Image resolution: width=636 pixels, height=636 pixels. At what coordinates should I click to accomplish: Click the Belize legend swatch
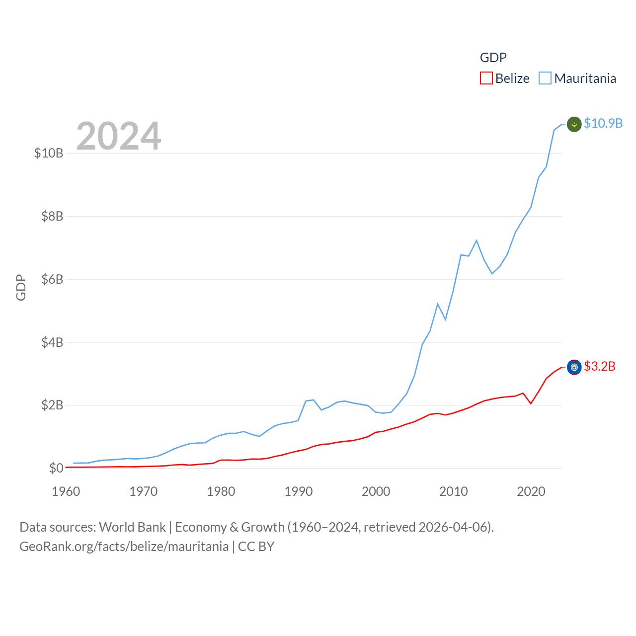click(486, 79)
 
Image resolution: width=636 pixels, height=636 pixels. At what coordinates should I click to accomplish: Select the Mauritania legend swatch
click(545, 79)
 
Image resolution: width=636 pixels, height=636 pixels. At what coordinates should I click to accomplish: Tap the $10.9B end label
click(603, 123)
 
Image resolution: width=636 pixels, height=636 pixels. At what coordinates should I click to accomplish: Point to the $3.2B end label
click(600, 367)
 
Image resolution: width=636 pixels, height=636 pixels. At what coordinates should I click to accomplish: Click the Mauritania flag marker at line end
click(574, 124)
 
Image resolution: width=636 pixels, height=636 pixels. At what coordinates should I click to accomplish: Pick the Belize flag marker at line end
click(574, 367)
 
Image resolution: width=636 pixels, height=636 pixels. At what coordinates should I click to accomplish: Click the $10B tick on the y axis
click(49, 153)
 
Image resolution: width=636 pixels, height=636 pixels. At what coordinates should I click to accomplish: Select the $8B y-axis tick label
click(52, 216)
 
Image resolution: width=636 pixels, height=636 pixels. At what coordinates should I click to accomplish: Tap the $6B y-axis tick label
click(52, 279)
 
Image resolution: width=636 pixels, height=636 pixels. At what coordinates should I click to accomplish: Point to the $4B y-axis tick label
click(52, 342)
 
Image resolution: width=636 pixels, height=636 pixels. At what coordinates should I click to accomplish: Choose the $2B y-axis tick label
click(52, 405)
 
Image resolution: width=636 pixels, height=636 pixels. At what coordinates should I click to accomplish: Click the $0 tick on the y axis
click(56, 468)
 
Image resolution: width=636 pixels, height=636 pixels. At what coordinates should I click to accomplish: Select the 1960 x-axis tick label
click(66, 492)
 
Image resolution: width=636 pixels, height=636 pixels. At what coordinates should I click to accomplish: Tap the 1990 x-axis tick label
click(299, 492)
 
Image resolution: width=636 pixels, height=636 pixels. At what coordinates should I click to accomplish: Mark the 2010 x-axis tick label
click(454, 492)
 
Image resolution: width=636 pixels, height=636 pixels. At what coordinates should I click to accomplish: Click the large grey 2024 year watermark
click(119, 136)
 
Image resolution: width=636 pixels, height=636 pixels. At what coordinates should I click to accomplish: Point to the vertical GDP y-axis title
click(21, 287)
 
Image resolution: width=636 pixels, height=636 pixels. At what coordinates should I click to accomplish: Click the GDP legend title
click(493, 58)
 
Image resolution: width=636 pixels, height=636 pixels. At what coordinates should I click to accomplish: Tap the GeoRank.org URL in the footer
click(124, 547)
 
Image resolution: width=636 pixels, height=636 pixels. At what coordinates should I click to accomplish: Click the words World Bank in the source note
click(132, 527)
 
